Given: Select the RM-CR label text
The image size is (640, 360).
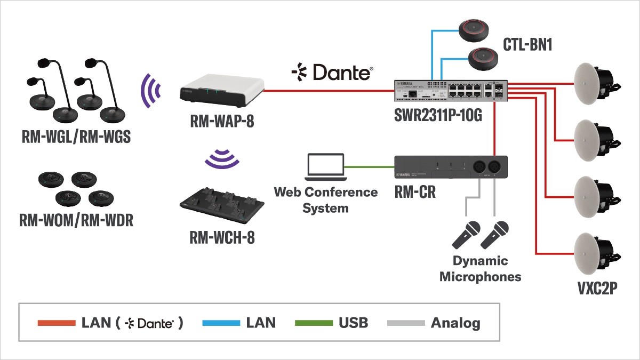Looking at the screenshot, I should tap(414, 193).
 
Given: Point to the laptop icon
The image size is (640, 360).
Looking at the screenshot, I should tap(325, 167).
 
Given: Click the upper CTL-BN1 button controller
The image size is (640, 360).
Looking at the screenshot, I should tap(478, 29).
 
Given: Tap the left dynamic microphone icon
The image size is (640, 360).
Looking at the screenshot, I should tap(466, 235).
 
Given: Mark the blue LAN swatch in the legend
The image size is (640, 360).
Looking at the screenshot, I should tap(222, 323).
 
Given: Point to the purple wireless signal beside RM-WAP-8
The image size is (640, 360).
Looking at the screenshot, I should tap(151, 89).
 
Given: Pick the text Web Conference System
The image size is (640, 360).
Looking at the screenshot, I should tap(325, 199).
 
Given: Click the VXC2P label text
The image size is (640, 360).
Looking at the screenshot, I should tap(596, 290).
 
